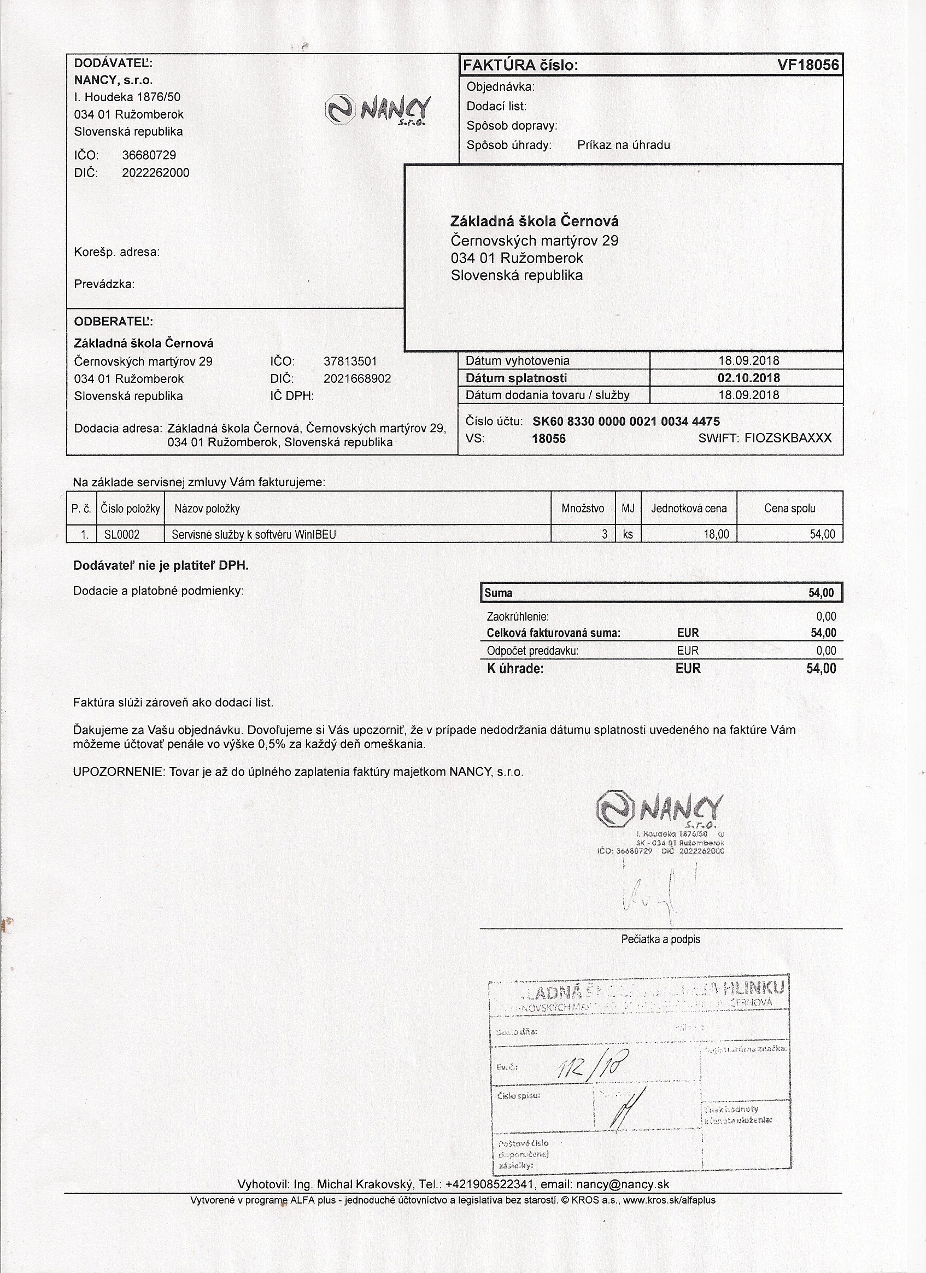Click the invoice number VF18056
point(807,65)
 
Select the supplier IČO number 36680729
point(149,155)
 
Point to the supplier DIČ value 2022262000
point(155,172)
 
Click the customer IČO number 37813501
point(350,361)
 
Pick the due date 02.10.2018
point(749,378)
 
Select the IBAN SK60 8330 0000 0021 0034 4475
point(626,422)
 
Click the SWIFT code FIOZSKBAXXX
point(787,439)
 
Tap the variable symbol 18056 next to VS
point(548,439)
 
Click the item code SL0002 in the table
point(122,535)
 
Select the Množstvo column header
point(583,509)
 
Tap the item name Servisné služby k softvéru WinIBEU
point(254,535)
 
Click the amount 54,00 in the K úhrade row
point(821,669)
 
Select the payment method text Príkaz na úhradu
point(624,145)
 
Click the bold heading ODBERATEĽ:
point(113,322)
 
